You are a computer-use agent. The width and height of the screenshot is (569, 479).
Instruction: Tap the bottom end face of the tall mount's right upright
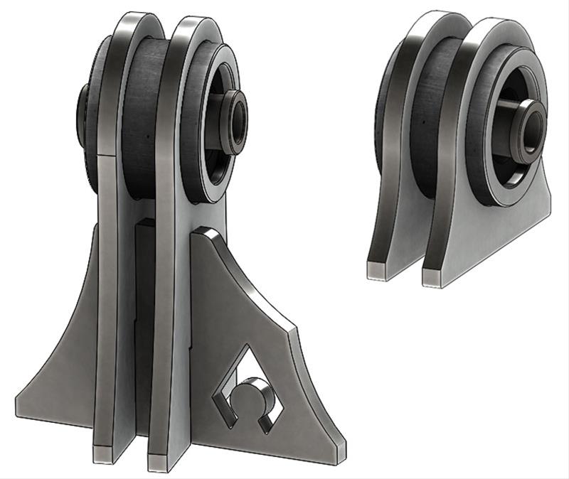(159, 463)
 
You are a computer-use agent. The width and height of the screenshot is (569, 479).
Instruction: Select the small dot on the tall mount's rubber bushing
(145, 133)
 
